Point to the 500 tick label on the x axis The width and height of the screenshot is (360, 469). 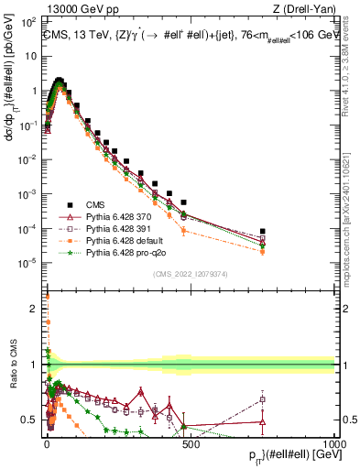190,443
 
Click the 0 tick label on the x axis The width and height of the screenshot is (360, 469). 46,443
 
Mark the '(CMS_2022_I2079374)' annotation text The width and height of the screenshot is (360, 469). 190,272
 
